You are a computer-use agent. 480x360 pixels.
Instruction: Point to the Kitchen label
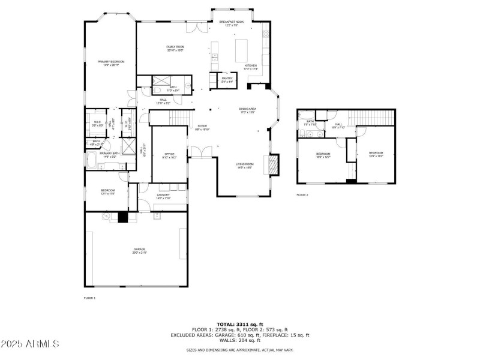250,67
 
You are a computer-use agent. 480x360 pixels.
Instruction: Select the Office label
169,155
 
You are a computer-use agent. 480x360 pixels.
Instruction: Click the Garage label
139,250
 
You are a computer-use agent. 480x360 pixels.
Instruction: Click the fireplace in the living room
274,164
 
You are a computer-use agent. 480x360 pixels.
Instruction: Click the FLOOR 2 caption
302,195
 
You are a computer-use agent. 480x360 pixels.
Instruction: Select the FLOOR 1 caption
89,298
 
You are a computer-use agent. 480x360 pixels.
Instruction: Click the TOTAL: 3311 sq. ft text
239,323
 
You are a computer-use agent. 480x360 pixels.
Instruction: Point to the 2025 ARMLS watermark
29,344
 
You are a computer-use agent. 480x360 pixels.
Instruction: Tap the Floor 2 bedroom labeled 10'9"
376,154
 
